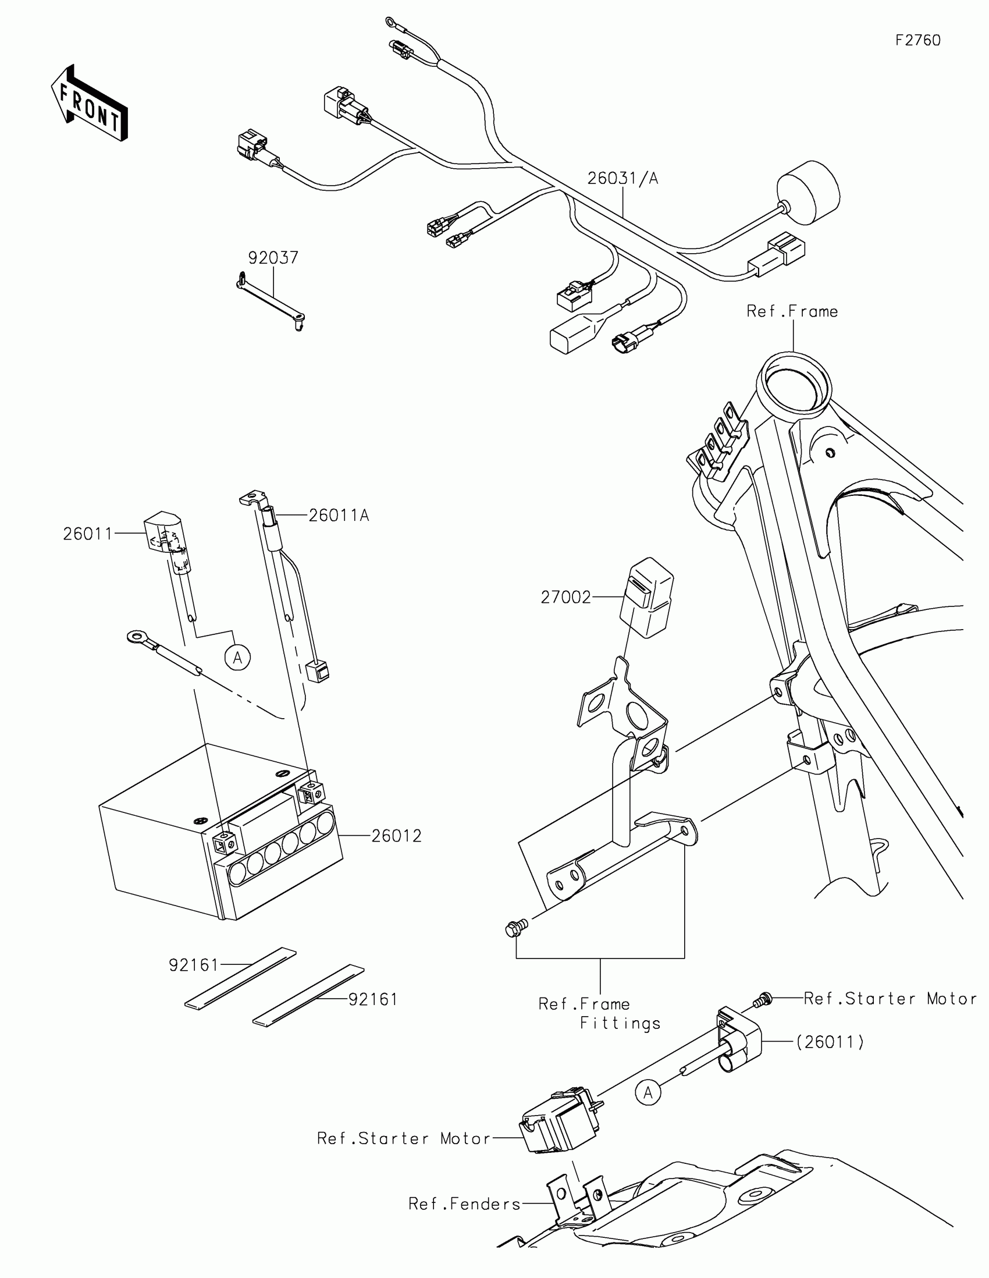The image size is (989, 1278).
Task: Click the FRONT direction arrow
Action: (x=89, y=103)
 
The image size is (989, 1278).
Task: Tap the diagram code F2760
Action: (x=917, y=40)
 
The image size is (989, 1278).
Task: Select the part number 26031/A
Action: (x=622, y=179)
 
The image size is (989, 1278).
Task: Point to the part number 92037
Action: (x=273, y=257)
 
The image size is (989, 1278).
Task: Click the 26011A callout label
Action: (x=339, y=516)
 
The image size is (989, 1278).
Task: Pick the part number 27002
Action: (x=565, y=598)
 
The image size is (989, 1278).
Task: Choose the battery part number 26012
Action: (x=397, y=836)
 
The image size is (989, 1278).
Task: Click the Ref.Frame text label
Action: (x=792, y=311)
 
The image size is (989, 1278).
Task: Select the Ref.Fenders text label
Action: (x=464, y=1204)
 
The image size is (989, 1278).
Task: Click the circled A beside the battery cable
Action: (x=237, y=658)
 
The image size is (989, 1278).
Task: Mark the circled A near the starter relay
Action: (x=648, y=1092)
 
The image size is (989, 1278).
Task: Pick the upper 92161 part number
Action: (x=193, y=965)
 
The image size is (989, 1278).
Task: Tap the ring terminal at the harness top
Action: (x=391, y=23)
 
